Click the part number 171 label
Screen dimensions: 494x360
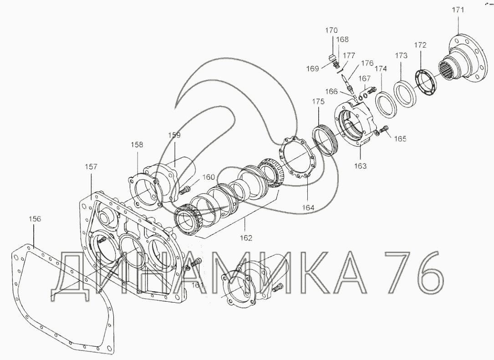(x=458, y=10)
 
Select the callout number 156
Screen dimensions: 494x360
(x=35, y=219)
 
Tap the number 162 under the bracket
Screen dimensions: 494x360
(x=246, y=238)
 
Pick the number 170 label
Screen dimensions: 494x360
(x=331, y=30)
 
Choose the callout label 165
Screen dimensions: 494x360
(x=400, y=138)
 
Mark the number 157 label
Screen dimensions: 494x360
(x=91, y=167)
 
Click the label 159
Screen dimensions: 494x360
(x=174, y=135)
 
